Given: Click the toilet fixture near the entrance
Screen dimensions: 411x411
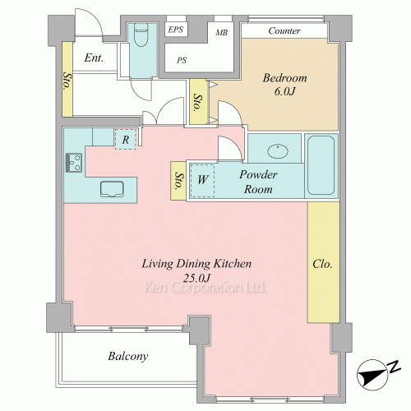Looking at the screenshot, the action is tap(141, 35).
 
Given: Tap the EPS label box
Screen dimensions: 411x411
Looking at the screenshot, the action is tap(176, 30).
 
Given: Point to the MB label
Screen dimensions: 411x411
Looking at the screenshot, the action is tap(221, 33).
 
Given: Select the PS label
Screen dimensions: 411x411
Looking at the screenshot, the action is tap(182, 60).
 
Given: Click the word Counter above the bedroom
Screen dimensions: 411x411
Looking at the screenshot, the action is tap(284, 30).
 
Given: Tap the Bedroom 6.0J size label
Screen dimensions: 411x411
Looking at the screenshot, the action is tap(285, 91).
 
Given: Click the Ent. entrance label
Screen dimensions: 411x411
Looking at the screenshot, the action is tap(94, 58).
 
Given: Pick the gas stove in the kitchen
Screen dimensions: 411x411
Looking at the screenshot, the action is tap(74, 163).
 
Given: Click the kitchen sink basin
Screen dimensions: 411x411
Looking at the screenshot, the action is tap(112, 189).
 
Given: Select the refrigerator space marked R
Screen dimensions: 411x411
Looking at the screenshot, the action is tap(126, 140).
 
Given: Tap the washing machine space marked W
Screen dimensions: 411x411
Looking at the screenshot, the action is tap(202, 180).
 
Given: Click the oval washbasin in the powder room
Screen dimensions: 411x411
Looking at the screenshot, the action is tap(278, 151).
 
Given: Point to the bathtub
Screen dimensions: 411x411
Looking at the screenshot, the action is tap(321, 165).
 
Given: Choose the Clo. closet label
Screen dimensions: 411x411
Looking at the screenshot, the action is tap(322, 264).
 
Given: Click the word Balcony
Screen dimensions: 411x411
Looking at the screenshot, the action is tap(128, 356).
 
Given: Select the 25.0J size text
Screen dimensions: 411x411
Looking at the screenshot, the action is tap(196, 278).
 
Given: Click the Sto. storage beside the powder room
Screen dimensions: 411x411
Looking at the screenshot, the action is tap(178, 181).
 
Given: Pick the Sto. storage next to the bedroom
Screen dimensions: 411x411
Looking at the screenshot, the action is tap(198, 102).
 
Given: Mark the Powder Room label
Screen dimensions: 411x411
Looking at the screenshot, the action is tap(258, 182).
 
